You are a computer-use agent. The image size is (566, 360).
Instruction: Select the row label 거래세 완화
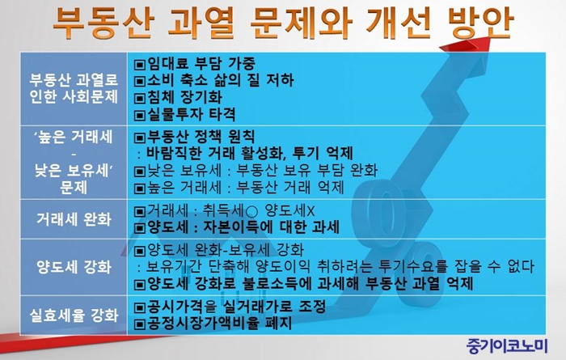click(x=74, y=218)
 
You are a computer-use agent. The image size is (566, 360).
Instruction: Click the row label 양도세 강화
click(x=74, y=267)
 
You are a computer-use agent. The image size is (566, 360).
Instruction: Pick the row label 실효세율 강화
click(x=74, y=316)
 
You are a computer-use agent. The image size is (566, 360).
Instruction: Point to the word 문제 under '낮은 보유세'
click(x=74, y=188)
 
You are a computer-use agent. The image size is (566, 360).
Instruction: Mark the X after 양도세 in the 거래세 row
click(x=310, y=211)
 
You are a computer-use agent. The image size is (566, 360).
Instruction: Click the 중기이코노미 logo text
click(x=507, y=346)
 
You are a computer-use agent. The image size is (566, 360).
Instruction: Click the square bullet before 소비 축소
click(x=140, y=81)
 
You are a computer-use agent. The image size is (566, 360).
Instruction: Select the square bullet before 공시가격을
click(x=140, y=307)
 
